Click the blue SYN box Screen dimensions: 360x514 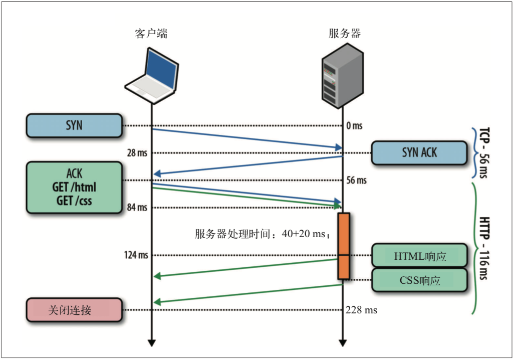[74, 125]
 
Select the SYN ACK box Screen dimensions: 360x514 [419, 152]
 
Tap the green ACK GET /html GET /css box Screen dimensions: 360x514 [74, 187]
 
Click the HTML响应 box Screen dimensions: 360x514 [419, 256]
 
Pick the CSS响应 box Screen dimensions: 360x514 [419, 280]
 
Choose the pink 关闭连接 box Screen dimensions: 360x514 [74, 310]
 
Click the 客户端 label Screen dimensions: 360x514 [151, 34]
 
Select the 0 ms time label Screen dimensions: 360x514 [354, 126]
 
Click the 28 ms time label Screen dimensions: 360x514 [137, 153]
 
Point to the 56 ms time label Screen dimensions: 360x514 [356, 181]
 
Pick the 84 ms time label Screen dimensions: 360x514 [137, 208]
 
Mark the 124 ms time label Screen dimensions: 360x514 [136, 255]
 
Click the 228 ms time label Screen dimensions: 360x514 [361, 310]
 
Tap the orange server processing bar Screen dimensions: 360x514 [343, 246]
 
